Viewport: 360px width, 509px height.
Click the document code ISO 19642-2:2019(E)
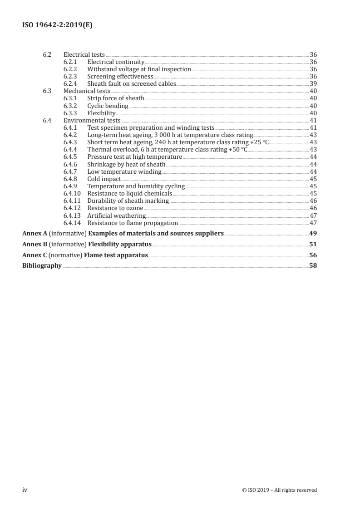tap(58, 25)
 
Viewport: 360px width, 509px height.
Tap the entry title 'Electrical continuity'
tap(115, 62)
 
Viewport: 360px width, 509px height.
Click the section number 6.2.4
tap(71, 83)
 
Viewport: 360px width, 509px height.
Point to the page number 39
tap(313, 83)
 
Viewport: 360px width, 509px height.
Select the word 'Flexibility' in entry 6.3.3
tap(101, 113)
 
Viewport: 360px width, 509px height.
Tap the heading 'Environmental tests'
tap(92, 120)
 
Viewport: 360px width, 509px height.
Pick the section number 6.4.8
tap(71, 179)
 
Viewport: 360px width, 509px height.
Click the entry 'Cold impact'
tap(104, 179)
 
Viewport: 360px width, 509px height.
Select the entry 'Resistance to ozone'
tap(115, 208)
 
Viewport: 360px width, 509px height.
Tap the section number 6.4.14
tap(73, 223)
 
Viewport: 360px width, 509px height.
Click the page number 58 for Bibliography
tap(313, 266)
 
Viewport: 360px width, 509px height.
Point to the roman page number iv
tap(25, 489)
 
